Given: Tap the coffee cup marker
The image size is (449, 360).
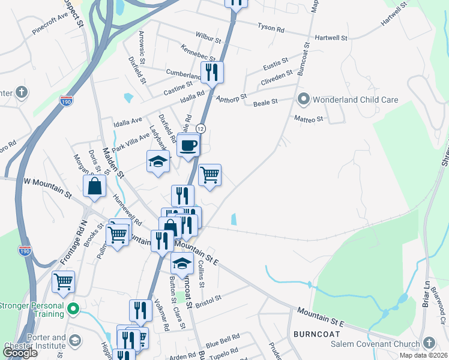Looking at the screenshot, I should coord(188,145).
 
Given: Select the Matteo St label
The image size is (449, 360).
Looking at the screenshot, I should coord(309,119).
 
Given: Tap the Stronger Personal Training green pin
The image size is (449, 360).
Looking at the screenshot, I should coord(73,310).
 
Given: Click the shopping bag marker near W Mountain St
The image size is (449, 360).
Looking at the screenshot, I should coord(95,185).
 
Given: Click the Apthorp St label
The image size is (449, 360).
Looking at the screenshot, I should coord(231,98).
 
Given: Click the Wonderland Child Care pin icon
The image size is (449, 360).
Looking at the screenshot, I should coord(304,98).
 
